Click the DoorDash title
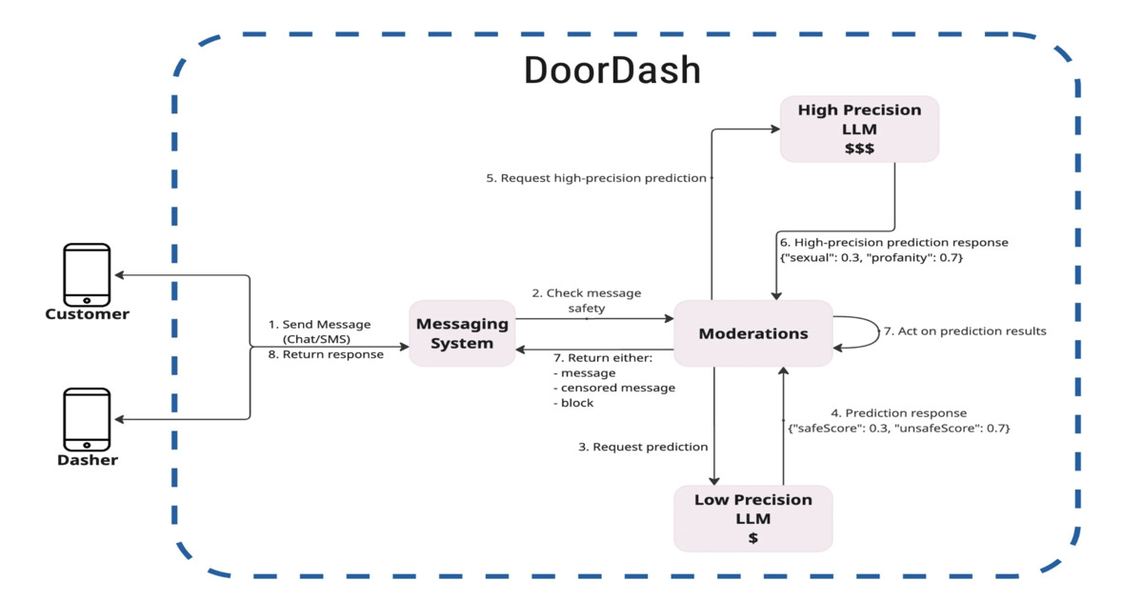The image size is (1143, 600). point(612,71)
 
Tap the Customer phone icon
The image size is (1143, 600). point(87,274)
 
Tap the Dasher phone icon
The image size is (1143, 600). point(87,419)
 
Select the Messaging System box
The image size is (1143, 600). point(462,333)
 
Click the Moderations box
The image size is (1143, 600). point(752,333)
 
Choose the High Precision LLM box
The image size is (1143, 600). point(859,129)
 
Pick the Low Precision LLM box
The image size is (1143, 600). point(752,518)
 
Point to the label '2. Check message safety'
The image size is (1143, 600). point(586,300)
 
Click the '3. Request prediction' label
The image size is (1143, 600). point(643,447)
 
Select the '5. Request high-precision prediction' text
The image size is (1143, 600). point(596,178)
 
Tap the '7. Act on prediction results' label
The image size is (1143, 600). point(964,331)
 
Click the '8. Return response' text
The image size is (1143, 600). point(326,354)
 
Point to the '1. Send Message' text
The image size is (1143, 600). point(319,325)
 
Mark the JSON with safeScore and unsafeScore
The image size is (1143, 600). point(898,429)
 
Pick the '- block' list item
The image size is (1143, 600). point(573,403)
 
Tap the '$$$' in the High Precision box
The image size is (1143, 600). point(859,149)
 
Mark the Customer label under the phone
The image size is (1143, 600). point(87,314)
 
